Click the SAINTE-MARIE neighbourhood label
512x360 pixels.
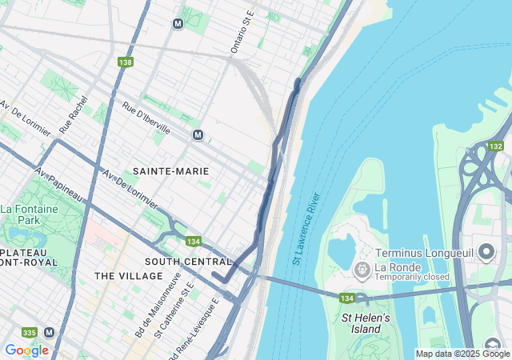(170, 171)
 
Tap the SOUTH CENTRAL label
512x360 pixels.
(188, 262)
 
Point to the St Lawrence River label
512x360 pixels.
(306, 229)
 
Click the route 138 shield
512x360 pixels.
(125, 62)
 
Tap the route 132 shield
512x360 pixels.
(496, 146)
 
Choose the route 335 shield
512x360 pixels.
(29, 332)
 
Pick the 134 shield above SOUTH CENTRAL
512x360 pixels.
(193, 242)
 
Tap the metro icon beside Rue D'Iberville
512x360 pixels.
(198, 135)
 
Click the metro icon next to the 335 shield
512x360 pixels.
(50, 332)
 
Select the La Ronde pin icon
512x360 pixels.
(361, 267)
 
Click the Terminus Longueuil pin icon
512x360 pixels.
(486, 253)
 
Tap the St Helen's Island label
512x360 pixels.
(366, 323)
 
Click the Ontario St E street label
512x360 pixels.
(242, 34)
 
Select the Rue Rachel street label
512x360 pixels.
(72, 117)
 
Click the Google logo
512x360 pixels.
(26, 350)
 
